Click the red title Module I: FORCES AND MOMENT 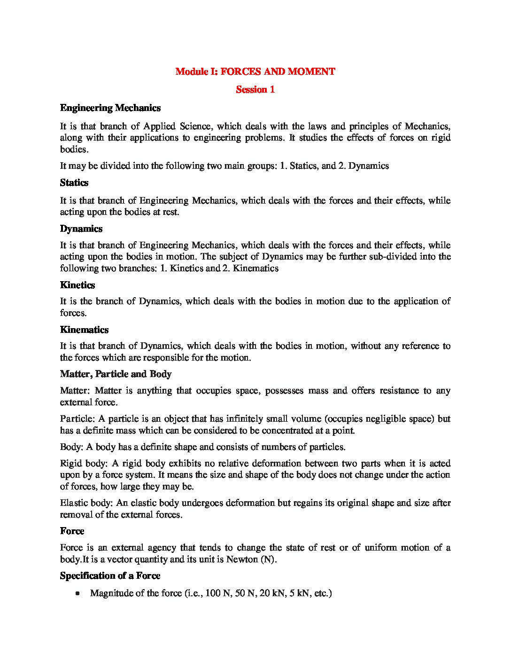255,71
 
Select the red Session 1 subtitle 255,89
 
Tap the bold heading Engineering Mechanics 110,108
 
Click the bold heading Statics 74,182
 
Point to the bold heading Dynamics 81,229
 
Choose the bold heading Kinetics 77,285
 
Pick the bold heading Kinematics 84,330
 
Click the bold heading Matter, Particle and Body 116,374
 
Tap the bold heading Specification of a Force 110,575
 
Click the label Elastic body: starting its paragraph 86,503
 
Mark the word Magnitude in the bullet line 110,593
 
